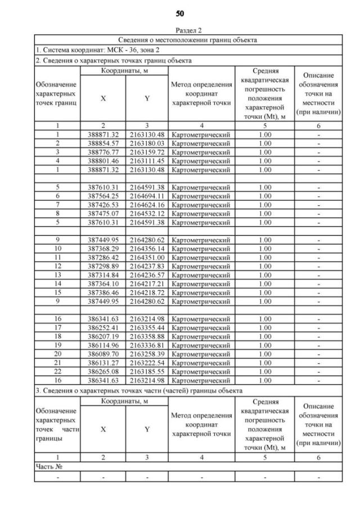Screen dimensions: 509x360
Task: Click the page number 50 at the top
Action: click(180, 12)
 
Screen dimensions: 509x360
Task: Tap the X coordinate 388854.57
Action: click(103, 143)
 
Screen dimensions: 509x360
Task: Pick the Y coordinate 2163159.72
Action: click(147, 152)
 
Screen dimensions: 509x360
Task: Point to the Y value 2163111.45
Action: click(147, 160)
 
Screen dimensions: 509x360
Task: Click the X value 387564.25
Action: click(103, 196)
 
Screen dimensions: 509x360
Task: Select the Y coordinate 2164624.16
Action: click(147, 205)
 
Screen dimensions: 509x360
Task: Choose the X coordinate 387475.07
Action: click(103, 213)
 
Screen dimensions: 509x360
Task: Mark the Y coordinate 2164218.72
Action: click(147, 292)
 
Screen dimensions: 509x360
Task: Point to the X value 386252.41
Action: click(103, 327)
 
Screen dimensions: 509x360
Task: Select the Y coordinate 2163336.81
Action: click(147, 345)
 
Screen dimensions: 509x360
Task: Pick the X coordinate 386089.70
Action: click(103, 354)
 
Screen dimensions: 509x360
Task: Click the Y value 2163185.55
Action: click(147, 371)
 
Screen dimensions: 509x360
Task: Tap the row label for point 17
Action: click(57, 327)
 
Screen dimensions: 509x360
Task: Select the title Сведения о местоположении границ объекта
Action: click(188, 40)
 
